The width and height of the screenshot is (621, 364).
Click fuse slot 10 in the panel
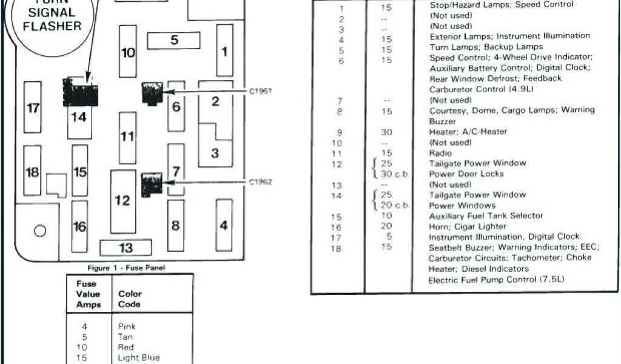coord(128,52)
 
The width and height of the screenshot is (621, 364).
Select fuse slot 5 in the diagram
coord(174,41)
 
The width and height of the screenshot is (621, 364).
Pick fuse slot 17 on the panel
coord(33,108)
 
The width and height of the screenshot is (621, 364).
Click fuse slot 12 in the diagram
coord(123,200)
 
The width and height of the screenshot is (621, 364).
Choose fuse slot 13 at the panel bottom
coord(126,248)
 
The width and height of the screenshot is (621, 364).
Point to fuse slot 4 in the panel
coord(224,226)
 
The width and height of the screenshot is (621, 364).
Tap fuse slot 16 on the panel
coord(79,227)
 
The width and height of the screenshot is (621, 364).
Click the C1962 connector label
coord(260,182)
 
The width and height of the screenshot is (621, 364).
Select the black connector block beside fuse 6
coord(151,93)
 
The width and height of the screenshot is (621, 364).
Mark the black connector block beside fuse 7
coord(150,184)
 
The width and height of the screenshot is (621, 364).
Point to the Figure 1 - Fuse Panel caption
coord(126,268)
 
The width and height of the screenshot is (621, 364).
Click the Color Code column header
coord(129,298)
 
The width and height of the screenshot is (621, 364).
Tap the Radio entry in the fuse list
coord(440,153)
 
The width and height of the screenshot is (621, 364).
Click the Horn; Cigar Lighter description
coord(467,226)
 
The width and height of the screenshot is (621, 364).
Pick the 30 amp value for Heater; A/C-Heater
coord(386,132)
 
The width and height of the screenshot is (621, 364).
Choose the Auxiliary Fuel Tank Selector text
coord(486,216)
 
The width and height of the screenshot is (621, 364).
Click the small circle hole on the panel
coord(40,231)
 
